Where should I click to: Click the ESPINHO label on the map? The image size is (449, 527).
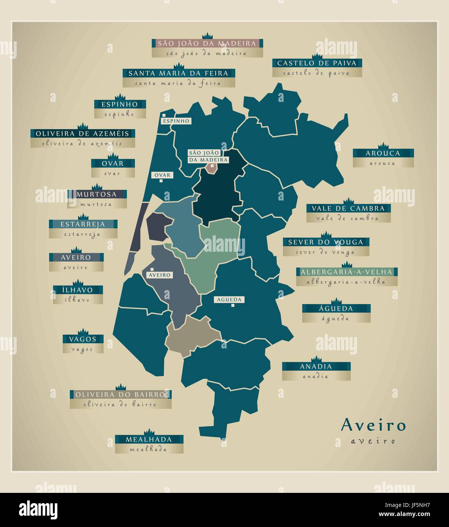(175, 121)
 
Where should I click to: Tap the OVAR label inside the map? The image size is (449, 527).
(163, 175)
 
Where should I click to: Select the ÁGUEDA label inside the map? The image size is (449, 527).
(229, 300)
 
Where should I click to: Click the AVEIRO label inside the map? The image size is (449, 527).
(160, 275)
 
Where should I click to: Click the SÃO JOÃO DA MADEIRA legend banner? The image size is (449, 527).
(207, 43)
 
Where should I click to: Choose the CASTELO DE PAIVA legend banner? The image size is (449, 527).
(317, 63)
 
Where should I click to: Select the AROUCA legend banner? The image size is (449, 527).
(383, 153)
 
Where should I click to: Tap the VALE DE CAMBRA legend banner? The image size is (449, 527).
(348, 208)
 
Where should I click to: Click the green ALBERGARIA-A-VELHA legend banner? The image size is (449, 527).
(346, 272)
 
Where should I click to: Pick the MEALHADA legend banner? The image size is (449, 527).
(149, 439)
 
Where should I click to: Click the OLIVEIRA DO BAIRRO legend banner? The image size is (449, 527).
(120, 394)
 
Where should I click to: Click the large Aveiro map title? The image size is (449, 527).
(373, 425)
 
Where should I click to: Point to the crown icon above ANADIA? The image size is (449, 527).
(316, 360)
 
